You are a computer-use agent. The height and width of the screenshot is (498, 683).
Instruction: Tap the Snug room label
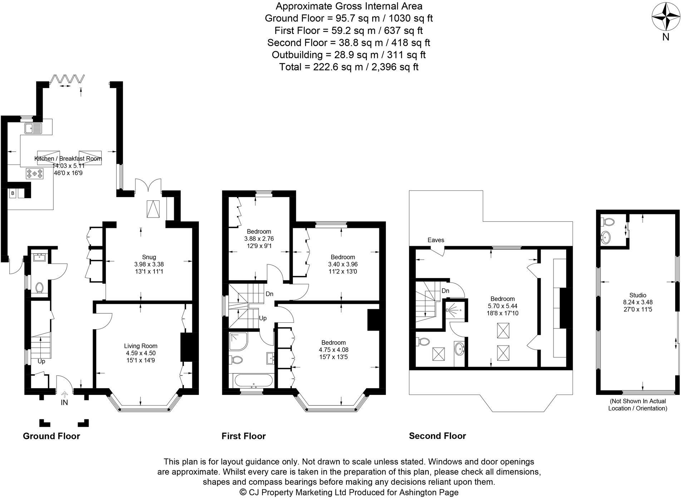click(x=149, y=257)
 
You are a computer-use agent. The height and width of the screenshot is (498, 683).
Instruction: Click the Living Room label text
click(x=141, y=346)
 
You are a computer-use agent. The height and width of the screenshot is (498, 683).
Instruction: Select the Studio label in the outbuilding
click(x=638, y=295)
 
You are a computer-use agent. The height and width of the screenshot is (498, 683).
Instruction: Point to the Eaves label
click(x=436, y=240)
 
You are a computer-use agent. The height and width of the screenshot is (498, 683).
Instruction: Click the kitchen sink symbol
click(x=33, y=128)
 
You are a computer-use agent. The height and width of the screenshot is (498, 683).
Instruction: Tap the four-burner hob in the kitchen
click(x=34, y=174)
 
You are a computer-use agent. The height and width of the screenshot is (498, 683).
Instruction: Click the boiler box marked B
click(x=13, y=193)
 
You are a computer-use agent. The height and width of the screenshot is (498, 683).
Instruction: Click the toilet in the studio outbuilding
click(x=608, y=222)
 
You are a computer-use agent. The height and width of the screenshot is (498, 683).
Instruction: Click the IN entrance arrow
click(x=64, y=398)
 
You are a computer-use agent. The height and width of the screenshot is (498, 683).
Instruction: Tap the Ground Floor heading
click(x=51, y=436)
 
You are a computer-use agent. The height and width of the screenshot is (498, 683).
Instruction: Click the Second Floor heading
click(x=437, y=436)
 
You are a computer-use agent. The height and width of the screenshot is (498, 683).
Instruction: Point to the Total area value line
click(x=349, y=67)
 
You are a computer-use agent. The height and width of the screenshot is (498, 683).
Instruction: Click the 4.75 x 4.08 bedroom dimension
click(x=333, y=350)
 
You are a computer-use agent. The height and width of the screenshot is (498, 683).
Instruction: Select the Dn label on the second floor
click(x=445, y=291)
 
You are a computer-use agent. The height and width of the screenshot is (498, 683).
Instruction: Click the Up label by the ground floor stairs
click(x=41, y=361)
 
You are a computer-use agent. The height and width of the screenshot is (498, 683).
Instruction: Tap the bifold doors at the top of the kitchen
click(x=68, y=79)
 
